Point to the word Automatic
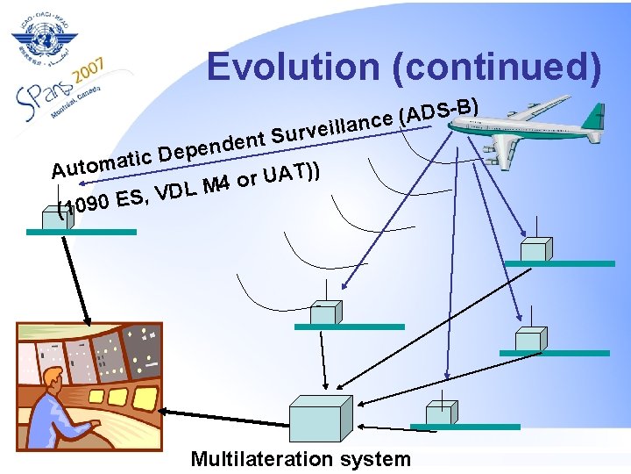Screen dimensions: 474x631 pos(102,159)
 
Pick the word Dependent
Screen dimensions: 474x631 pos(213,143)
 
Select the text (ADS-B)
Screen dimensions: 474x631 pos(438,110)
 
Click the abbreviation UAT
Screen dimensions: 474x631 pos(290,172)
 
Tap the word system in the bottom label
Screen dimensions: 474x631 pos(377,459)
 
